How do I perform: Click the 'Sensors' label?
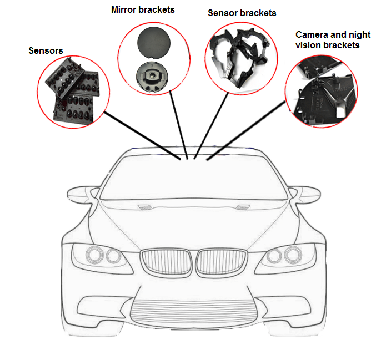coord(46,51)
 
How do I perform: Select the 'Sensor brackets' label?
coord(242,13)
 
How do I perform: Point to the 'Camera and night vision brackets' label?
coord(333,39)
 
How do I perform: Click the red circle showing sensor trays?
coord(73,92)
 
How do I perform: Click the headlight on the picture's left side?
coord(104,256)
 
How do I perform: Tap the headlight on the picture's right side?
coord(283,256)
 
